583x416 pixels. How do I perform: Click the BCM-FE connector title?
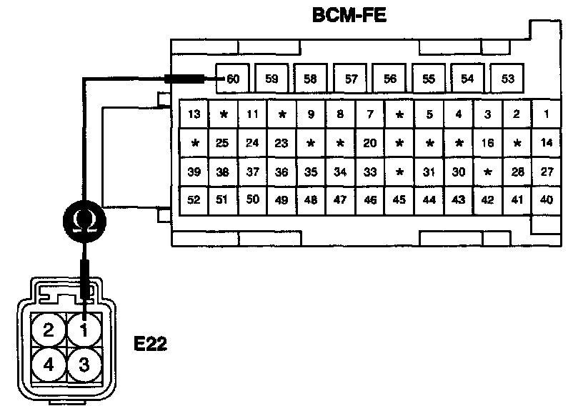[349, 15]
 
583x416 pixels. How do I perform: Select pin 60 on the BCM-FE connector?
[232, 79]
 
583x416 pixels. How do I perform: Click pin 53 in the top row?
[507, 79]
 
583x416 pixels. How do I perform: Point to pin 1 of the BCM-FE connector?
[547, 114]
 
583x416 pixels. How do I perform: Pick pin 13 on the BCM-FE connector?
[194, 114]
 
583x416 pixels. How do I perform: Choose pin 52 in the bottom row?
[194, 199]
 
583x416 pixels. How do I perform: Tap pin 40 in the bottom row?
[547, 199]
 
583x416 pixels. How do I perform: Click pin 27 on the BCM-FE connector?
[547, 172]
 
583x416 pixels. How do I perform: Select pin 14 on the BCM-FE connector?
[547, 143]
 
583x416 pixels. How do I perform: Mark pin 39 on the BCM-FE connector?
[194, 172]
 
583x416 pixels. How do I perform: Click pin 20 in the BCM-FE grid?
[369, 143]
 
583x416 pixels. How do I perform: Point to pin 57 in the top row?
[351, 79]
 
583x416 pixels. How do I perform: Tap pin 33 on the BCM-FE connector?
[369, 172]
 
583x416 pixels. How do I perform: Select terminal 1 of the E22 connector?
[84, 330]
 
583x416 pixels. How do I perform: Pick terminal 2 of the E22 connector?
[49, 330]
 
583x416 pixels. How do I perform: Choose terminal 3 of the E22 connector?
[84, 365]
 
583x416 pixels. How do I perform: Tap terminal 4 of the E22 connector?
[49, 365]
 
